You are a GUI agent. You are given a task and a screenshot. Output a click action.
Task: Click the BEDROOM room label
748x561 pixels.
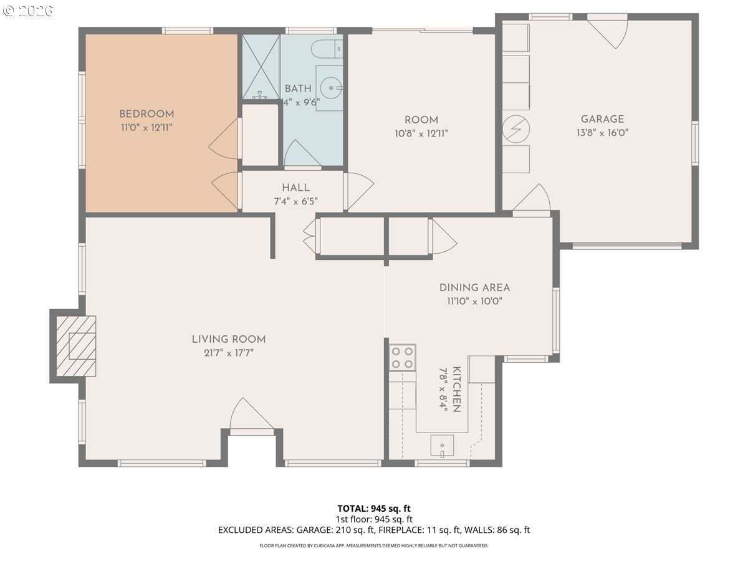click(146, 114)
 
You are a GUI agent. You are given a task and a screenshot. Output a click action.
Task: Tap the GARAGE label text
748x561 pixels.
click(602, 119)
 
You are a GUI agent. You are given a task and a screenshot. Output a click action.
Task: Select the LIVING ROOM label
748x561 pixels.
click(229, 339)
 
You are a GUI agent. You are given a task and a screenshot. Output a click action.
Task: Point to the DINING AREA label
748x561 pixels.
click(474, 288)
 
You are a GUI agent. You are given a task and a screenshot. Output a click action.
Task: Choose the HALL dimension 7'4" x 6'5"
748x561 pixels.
click(296, 201)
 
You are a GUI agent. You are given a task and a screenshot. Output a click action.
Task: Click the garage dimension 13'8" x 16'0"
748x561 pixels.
click(602, 133)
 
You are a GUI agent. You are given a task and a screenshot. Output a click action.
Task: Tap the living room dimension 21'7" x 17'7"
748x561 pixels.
click(229, 353)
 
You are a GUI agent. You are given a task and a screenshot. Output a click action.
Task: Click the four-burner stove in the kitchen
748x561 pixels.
click(403, 358)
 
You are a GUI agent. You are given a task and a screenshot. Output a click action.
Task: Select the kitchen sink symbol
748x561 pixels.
click(442, 445)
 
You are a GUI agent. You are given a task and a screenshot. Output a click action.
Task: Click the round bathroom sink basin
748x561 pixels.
click(331, 88)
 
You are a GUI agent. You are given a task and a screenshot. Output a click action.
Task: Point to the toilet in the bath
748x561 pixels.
click(327, 49)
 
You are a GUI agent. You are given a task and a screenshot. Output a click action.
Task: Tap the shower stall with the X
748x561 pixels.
click(261, 67)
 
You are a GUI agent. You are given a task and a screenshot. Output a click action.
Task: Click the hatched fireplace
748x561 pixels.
click(76, 346)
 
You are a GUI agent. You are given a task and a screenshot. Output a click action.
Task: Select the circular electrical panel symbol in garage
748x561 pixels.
click(516, 129)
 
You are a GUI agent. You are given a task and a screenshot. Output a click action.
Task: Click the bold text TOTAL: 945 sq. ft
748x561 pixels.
click(374, 509)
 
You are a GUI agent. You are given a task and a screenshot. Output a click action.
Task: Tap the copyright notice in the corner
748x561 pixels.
click(28, 11)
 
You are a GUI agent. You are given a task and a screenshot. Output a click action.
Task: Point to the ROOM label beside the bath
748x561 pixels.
click(421, 120)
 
